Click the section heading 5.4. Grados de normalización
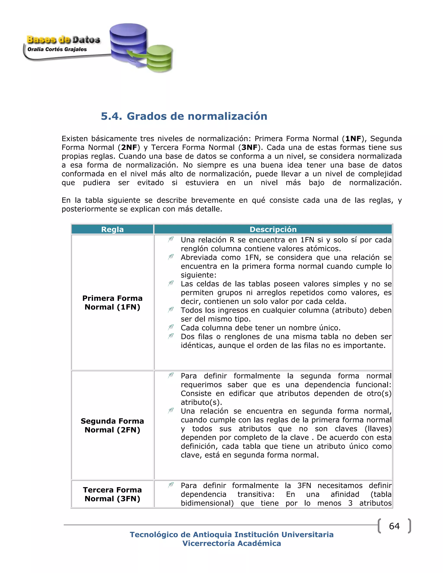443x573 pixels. coord(184,116)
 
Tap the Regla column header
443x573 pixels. coord(112,229)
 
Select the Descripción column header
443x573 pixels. coord(273,229)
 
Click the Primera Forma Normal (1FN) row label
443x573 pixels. coord(112,303)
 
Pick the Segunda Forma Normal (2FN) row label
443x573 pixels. coord(112,425)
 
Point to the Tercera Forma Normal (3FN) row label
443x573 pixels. coord(112,494)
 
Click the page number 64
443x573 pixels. coord(394,526)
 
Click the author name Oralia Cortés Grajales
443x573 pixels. coord(57,49)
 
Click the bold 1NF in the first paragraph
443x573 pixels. coord(353,139)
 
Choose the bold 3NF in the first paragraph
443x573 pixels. coord(249,147)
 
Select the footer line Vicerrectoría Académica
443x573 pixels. coord(231,543)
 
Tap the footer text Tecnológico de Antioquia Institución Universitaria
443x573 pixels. coord(231,535)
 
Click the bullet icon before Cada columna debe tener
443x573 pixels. coord(171,327)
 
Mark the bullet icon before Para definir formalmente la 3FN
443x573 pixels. coord(171,485)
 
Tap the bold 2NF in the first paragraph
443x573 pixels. coord(129,147)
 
